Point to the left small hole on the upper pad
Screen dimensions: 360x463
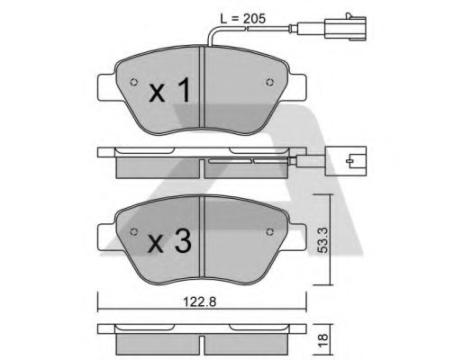tap(134, 85)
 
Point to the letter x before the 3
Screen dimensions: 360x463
tap(155, 242)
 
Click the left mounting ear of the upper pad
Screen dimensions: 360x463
tap(103, 85)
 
